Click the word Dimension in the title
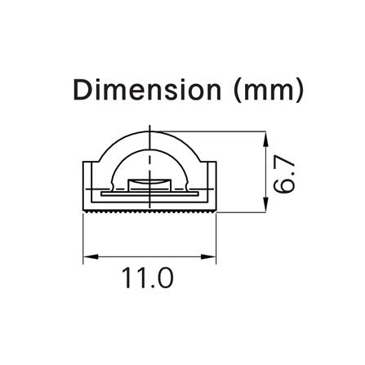[147, 90]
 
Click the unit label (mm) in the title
[269, 91]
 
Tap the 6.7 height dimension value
[284, 175]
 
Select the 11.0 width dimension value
[148, 278]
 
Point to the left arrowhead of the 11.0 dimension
[91, 256]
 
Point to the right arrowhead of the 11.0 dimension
[209, 256]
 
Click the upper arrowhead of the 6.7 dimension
[265, 139]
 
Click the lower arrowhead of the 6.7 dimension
[265, 205]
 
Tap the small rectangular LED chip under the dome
[149, 184]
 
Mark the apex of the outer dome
[149, 131]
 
